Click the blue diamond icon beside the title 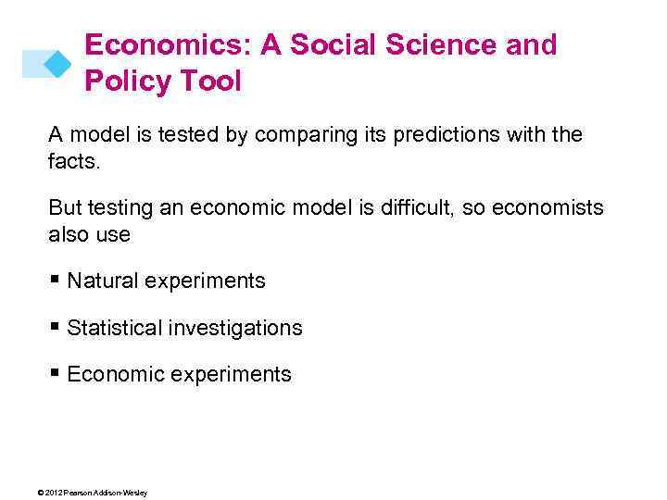pos(57,63)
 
